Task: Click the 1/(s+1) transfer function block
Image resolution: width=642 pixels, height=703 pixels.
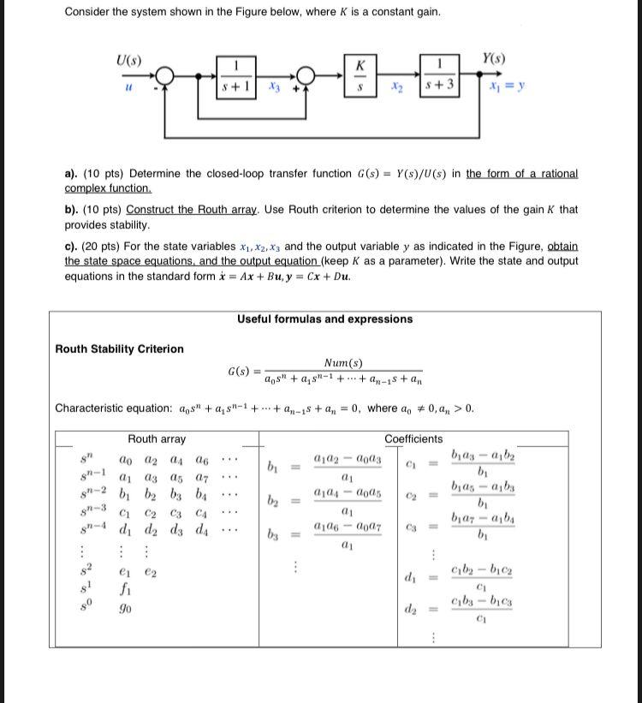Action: tap(235, 76)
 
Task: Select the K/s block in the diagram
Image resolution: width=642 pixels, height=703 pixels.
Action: tap(360, 76)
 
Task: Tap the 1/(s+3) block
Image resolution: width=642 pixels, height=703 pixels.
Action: tap(437, 76)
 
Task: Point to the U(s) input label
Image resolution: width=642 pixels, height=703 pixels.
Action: tap(129, 61)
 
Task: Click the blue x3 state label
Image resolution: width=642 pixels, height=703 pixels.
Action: tap(274, 87)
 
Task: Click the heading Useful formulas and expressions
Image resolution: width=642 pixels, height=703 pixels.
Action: tap(324, 319)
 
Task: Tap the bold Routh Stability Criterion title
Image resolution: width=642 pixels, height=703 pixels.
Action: tap(119, 349)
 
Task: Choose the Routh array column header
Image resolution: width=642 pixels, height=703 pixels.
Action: tap(157, 438)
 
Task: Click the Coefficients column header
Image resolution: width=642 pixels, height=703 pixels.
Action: tap(414, 438)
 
